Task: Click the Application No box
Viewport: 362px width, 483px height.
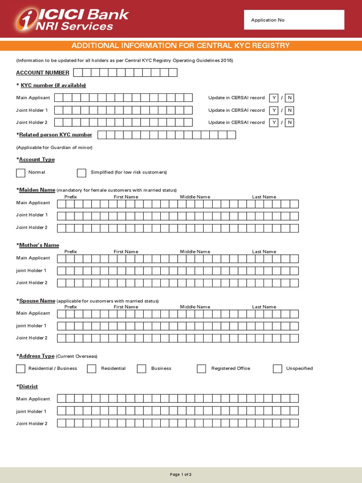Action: [x=294, y=20]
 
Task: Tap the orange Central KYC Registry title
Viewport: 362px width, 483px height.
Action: [x=181, y=46]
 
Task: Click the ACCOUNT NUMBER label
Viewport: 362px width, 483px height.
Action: [x=42, y=73]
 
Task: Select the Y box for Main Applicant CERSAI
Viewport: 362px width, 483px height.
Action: [x=273, y=98]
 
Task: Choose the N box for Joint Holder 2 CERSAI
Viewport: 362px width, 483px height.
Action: [x=290, y=123]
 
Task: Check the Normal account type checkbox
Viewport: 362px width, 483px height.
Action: [x=21, y=173]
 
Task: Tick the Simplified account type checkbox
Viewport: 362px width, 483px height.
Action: [x=82, y=173]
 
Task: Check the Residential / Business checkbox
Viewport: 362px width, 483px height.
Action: [x=21, y=369]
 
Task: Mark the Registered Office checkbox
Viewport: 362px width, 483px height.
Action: [x=202, y=369]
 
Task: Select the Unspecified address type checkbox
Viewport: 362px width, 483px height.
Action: [x=278, y=369]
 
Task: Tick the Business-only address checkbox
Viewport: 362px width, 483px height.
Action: [x=142, y=369]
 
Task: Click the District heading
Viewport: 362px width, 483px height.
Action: [x=28, y=387]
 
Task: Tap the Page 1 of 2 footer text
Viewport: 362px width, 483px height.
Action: [x=181, y=475]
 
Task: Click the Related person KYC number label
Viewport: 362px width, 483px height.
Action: [x=55, y=135]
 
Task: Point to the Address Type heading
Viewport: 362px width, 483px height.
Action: [x=36, y=356]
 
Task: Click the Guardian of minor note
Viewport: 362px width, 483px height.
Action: [x=54, y=148]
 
